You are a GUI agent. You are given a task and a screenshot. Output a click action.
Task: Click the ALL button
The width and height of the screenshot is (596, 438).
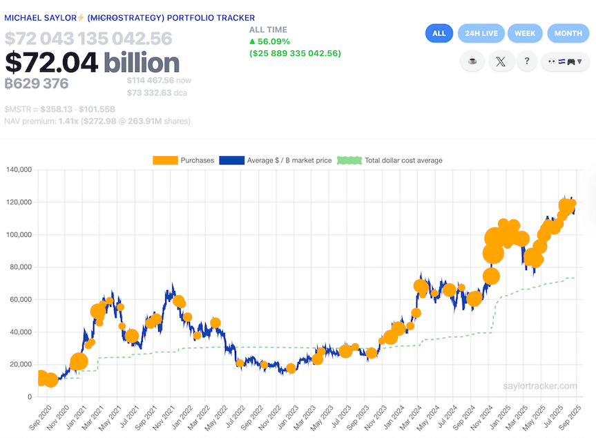(x=439, y=33)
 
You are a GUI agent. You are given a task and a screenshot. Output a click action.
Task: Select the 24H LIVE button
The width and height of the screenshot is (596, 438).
(x=481, y=33)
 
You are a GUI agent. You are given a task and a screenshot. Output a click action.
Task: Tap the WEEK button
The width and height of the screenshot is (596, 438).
(x=525, y=33)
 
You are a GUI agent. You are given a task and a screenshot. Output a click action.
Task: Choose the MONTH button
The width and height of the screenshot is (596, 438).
(x=568, y=33)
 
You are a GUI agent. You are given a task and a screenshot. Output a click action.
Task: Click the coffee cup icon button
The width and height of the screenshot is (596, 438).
(x=472, y=61)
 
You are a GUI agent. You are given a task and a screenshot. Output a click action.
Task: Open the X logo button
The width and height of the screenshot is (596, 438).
(x=501, y=61)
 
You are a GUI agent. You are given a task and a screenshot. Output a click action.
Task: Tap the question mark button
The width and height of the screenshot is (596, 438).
(x=527, y=61)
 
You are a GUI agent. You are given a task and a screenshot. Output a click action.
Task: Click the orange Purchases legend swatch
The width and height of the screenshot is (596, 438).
(x=164, y=160)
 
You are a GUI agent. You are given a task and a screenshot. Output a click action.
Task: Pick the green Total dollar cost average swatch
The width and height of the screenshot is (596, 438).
(x=349, y=160)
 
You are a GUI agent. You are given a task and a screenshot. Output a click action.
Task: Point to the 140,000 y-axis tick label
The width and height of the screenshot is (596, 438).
(x=18, y=169)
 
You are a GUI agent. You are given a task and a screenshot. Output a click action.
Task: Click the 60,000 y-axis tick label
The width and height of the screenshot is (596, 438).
(x=20, y=299)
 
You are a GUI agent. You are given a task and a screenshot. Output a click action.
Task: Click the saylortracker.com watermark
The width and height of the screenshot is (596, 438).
(x=539, y=386)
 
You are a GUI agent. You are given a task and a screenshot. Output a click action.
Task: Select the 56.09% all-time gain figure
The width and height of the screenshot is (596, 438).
(x=273, y=41)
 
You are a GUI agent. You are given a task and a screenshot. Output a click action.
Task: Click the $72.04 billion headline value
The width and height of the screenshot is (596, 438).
(x=93, y=63)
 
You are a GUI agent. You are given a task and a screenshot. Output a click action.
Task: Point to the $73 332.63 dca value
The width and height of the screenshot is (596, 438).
(x=150, y=93)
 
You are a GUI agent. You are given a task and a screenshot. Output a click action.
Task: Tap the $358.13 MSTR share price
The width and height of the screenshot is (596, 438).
(x=56, y=109)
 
